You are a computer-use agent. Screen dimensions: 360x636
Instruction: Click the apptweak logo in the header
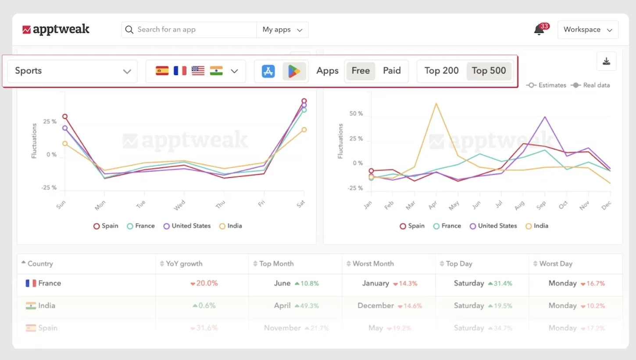click(x=56, y=29)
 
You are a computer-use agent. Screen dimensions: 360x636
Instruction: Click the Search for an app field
click(x=189, y=30)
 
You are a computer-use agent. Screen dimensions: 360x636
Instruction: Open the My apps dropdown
click(x=282, y=30)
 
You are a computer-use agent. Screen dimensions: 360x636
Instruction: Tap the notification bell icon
click(x=539, y=30)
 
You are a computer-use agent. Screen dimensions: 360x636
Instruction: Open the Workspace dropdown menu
click(x=588, y=30)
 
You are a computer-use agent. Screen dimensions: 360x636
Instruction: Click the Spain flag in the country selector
click(x=162, y=71)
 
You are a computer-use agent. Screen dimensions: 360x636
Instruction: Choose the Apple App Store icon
click(x=268, y=71)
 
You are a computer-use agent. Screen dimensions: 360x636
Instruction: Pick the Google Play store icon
click(x=294, y=71)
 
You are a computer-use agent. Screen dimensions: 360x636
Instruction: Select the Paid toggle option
click(x=392, y=71)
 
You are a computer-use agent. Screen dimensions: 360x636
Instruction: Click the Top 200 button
click(x=441, y=71)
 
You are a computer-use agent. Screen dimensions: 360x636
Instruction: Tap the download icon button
click(x=606, y=61)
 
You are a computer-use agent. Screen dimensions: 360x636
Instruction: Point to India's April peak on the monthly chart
click(x=436, y=103)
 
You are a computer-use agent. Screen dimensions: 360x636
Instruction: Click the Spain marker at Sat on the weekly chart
click(x=304, y=101)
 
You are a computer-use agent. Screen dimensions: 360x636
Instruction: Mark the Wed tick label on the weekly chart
click(x=180, y=205)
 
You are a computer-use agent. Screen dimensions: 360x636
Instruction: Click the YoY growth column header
click(x=184, y=264)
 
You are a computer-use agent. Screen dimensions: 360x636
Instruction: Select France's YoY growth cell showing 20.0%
click(x=204, y=283)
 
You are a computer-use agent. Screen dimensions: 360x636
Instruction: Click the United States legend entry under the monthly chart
click(x=493, y=226)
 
